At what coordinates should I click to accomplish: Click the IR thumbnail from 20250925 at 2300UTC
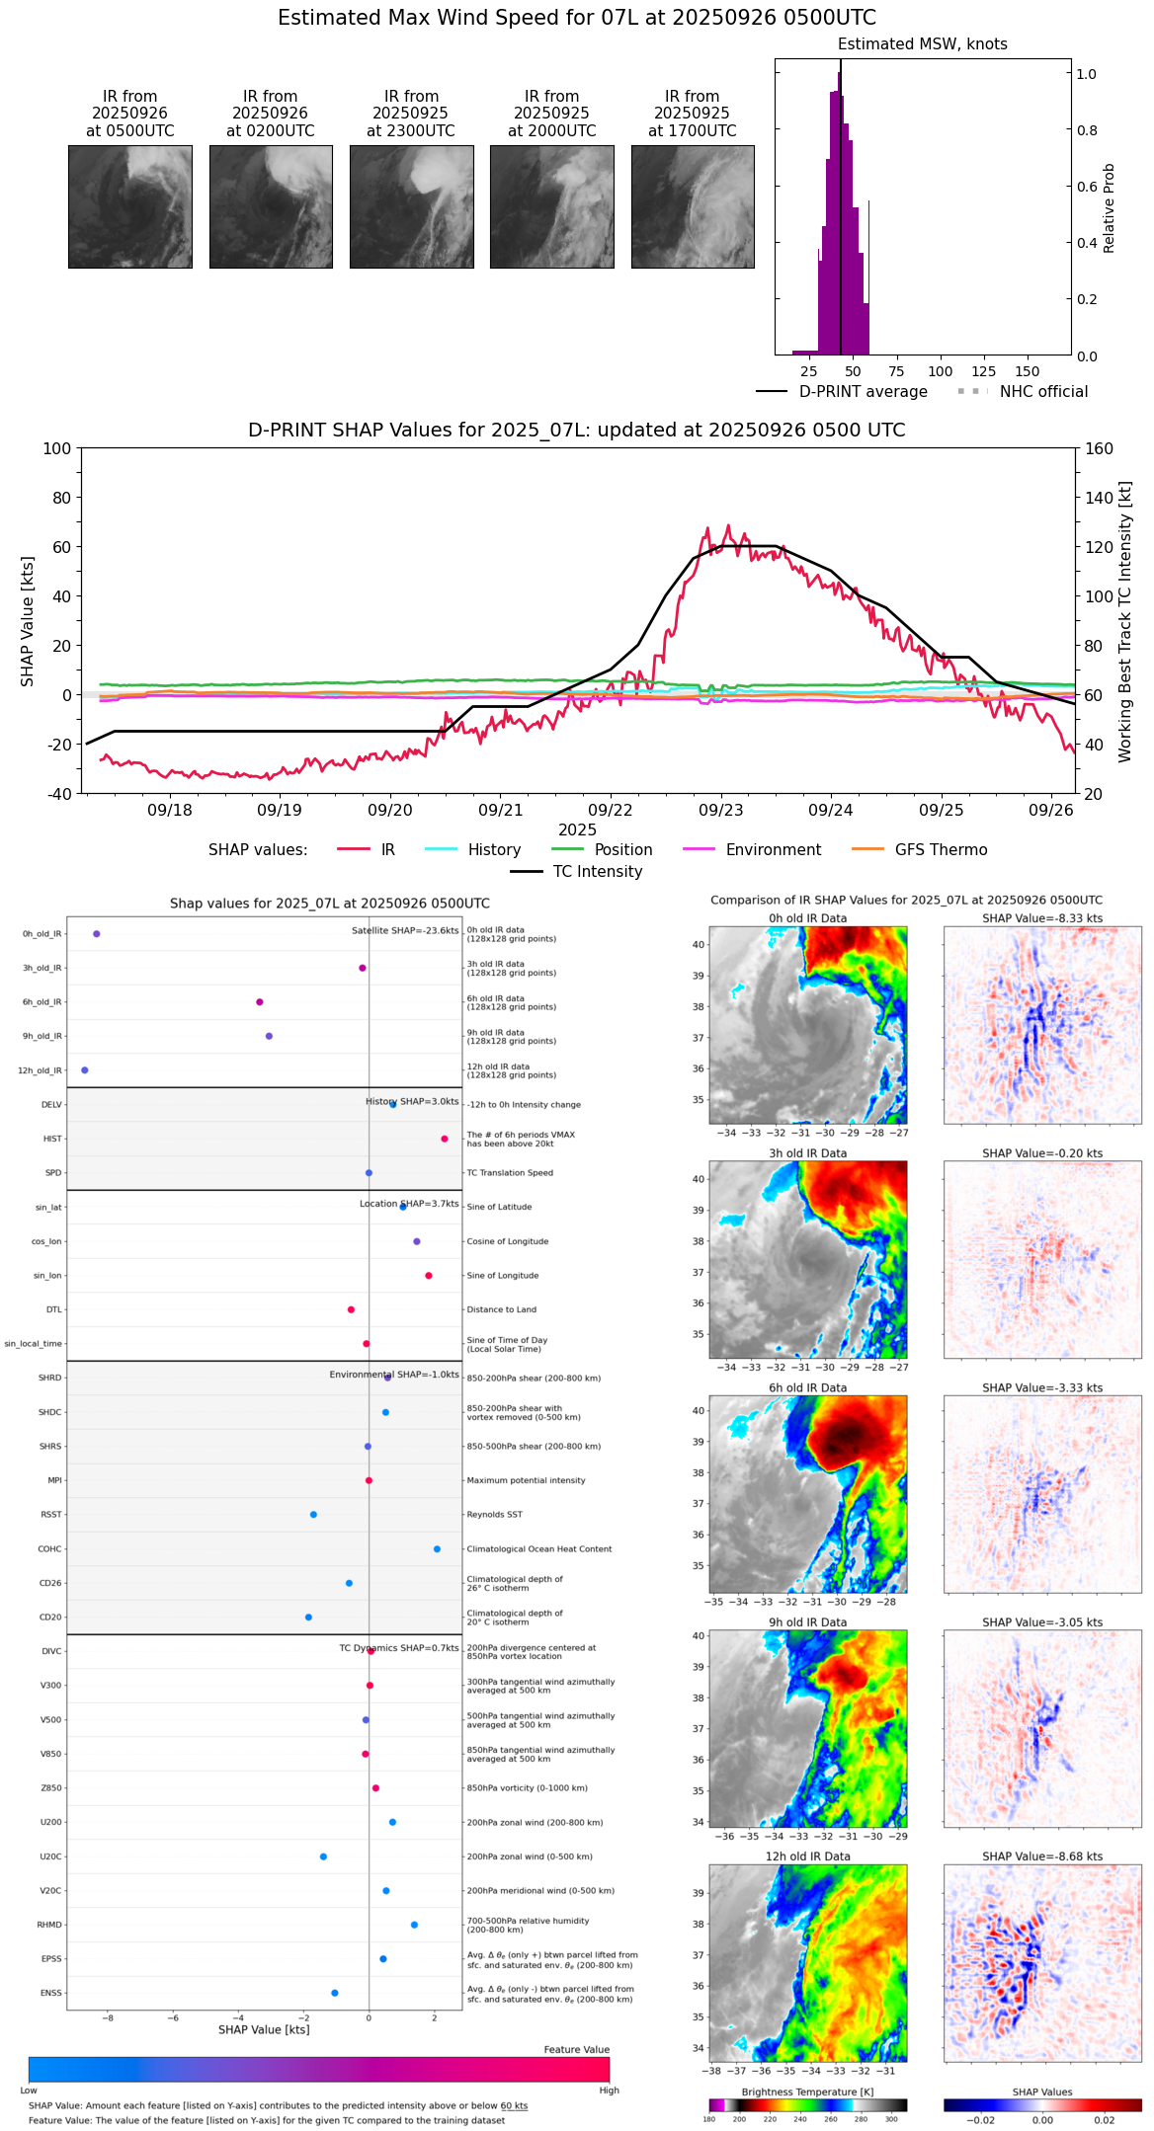411,206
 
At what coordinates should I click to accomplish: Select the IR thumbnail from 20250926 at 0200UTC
271,206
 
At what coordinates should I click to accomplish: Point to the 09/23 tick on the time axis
720,811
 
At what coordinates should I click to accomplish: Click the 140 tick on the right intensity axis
1100,498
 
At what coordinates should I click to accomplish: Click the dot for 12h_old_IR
85,1070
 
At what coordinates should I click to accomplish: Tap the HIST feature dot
445,1139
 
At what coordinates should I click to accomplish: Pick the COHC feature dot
437,1548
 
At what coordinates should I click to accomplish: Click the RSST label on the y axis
51,1515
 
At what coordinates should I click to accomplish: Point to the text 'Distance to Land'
502,1309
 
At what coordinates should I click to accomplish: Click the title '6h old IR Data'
807,1387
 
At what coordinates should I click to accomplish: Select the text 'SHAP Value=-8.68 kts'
1042,1856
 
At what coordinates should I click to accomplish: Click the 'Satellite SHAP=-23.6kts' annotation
405,931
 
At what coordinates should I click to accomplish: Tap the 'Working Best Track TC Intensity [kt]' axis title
1125,622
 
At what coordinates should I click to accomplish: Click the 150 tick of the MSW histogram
1028,371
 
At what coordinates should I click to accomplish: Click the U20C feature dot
323,1856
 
